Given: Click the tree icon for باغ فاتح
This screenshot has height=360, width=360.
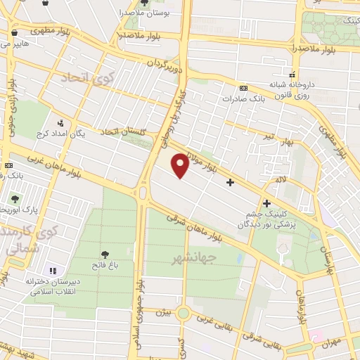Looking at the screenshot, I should coord(105,254).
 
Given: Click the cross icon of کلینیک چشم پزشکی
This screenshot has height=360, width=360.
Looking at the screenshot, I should coord(266,203).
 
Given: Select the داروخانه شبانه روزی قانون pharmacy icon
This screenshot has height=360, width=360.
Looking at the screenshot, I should coord(291,75).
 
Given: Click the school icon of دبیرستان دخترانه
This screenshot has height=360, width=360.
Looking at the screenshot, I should coord(52,271).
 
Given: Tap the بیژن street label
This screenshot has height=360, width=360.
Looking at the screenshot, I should coord(163,311).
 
